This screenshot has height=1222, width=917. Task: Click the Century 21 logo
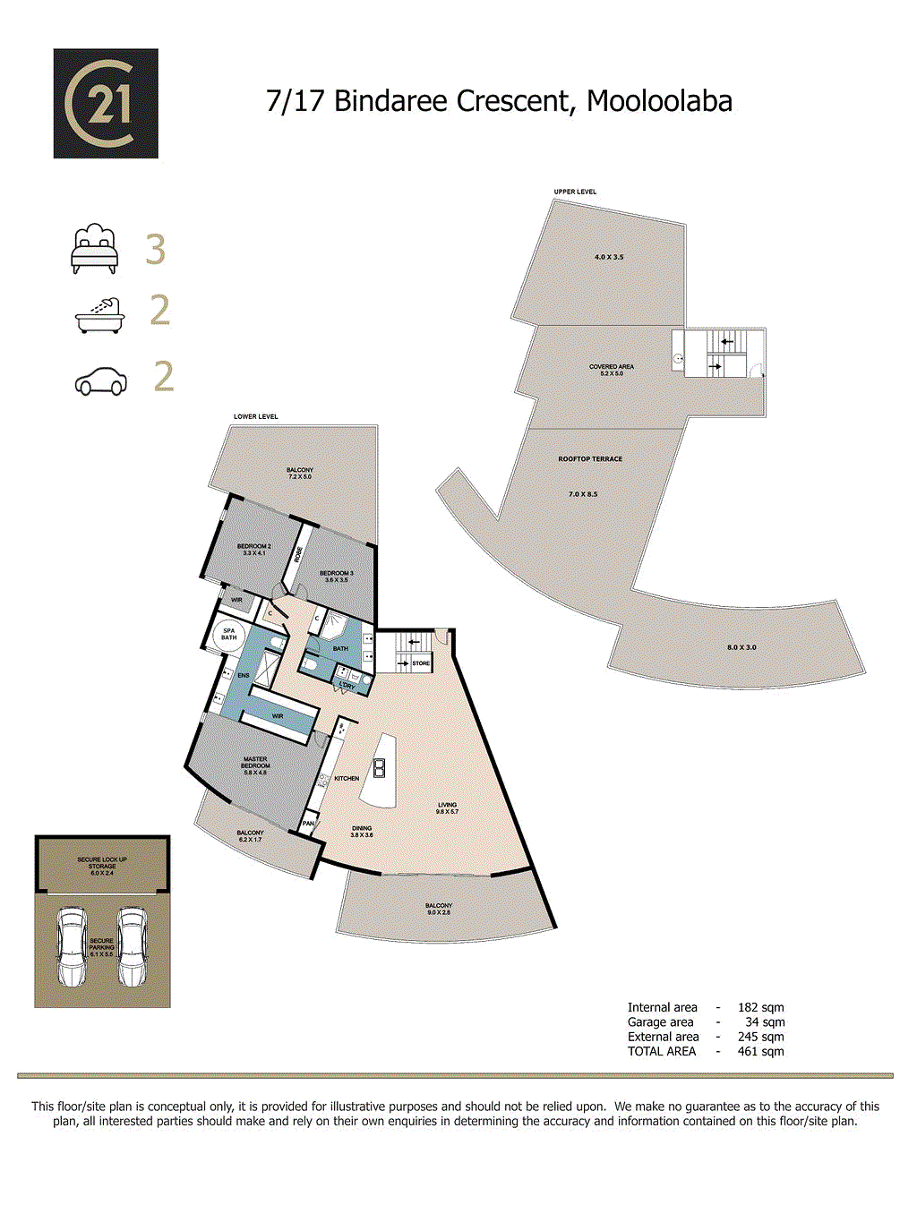[x=106, y=104]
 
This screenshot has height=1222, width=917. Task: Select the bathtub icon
[x=99, y=314]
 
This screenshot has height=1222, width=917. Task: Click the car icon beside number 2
[x=100, y=380]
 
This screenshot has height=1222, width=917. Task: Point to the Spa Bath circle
[x=228, y=635]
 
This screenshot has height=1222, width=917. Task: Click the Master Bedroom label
[x=255, y=765]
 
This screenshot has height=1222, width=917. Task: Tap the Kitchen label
[x=347, y=779]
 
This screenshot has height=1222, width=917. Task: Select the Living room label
[x=448, y=808]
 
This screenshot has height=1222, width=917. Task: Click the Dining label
[x=362, y=831]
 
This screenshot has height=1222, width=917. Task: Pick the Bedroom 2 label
[x=253, y=549]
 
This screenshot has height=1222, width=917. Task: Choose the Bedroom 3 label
[x=337, y=576]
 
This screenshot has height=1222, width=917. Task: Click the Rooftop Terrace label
[x=590, y=459]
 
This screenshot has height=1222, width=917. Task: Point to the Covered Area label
[x=612, y=370]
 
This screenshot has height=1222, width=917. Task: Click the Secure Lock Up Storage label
[x=102, y=865]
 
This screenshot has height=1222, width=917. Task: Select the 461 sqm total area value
[x=760, y=1052]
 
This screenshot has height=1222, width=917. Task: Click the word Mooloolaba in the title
[x=659, y=101]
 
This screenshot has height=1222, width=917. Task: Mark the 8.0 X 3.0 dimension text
[x=741, y=647]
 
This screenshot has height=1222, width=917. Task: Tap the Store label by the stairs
[x=421, y=663]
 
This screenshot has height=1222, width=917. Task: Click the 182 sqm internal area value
[x=760, y=1008]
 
